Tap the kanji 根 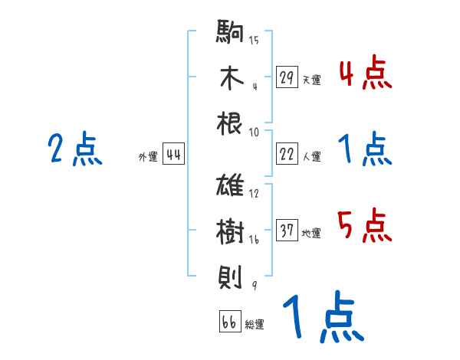[x=230, y=123]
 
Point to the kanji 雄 [x=230, y=187]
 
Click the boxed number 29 [x=287, y=77]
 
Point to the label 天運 [x=311, y=80]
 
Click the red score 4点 [x=364, y=74]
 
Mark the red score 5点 [x=364, y=226]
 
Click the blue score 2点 [x=75, y=149]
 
